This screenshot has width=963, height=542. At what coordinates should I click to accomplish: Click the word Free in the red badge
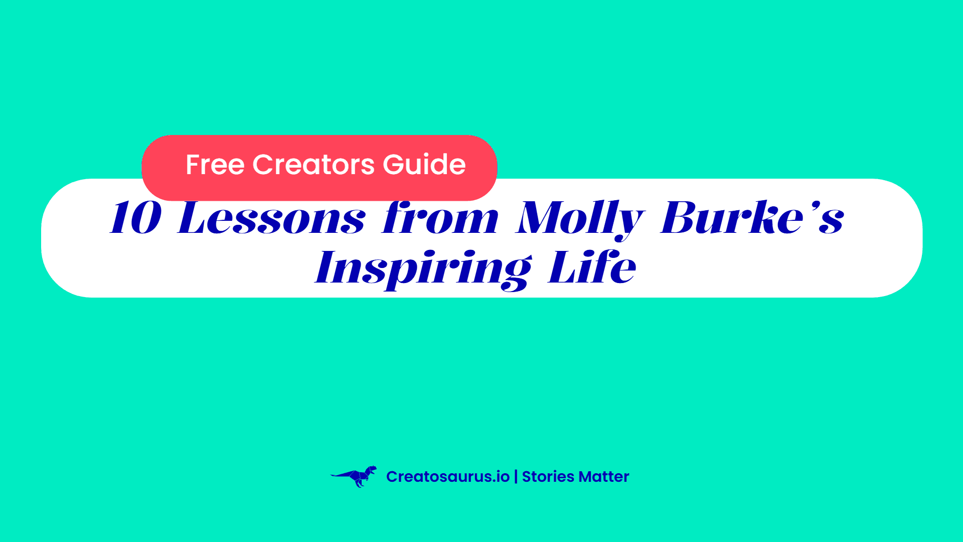pyautogui.click(x=215, y=165)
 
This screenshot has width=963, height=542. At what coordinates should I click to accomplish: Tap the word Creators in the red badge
pyautogui.click(x=313, y=165)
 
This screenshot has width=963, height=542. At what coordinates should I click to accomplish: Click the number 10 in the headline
pyautogui.click(x=136, y=218)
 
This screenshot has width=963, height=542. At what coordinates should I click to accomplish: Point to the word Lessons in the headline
pyautogui.click(x=271, y=218)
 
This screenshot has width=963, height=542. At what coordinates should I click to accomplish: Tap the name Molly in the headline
pyautogui.click(x=580, y=220)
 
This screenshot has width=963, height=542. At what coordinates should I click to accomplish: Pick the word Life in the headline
pyautogui.click(x=592, y=266)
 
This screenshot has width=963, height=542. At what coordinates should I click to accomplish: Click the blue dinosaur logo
pyautogui.click(x=354, y=476)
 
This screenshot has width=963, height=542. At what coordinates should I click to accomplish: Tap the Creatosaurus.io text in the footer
pyautogui.click(x=448, y=477)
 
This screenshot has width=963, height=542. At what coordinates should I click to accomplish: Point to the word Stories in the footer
pyautogui.click(x=548, y=477)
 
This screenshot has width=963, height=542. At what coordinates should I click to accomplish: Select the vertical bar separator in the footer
pyautogui.click(x=516, y=477)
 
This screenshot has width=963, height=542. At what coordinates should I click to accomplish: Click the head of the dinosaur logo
pyautogui.click(x=371, y=470)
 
